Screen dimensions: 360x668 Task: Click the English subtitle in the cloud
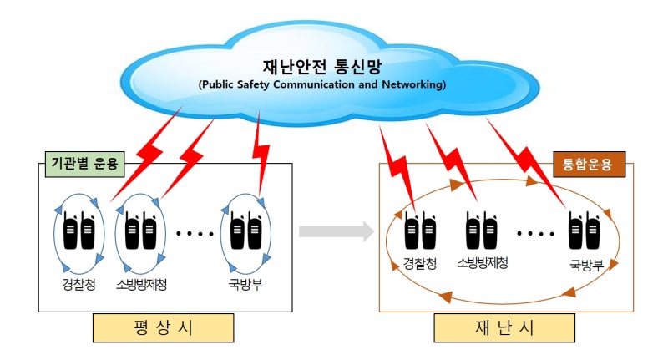point(321,84)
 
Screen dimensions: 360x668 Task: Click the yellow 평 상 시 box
point(164,327)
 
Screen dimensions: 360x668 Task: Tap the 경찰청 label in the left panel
point(79,284)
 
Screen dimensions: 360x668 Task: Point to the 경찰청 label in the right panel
point(420,264)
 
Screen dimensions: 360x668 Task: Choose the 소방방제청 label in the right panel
point(483,264)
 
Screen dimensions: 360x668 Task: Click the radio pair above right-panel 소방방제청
point(483,229)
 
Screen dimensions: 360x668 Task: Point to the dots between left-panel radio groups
point(195,233)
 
